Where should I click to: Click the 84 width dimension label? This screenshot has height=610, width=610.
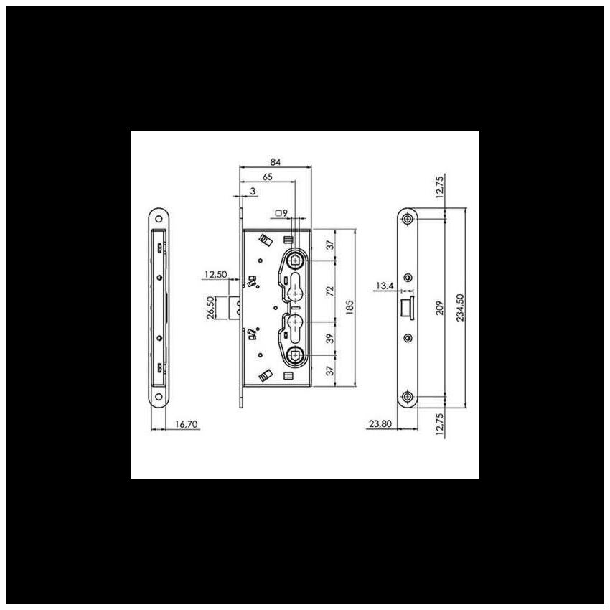275,162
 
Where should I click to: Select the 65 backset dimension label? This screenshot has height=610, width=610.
267,177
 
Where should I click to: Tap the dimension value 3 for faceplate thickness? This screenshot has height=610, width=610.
253,191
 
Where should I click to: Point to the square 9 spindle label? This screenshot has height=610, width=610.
281,213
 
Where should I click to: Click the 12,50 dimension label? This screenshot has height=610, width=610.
216,274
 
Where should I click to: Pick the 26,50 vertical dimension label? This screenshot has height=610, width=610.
210,308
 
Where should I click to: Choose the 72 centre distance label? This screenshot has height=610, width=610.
330,291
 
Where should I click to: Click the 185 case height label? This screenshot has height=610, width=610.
349,307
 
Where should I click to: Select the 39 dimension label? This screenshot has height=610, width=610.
330,338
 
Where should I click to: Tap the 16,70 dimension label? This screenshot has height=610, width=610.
187,424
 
